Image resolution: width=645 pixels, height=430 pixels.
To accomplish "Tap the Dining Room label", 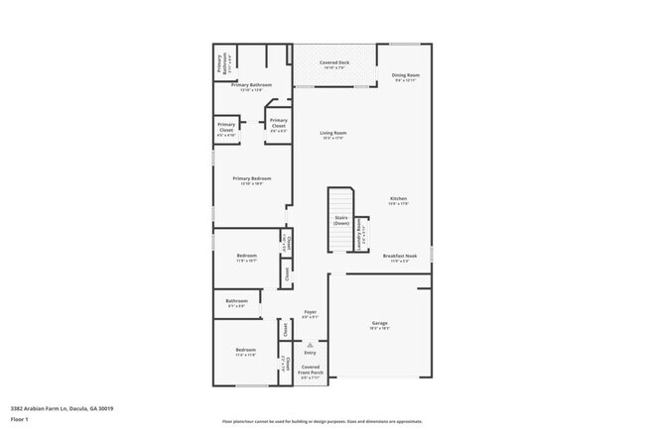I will [x=406, y=76].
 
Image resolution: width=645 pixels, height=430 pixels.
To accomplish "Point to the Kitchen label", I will [x=398, y=200].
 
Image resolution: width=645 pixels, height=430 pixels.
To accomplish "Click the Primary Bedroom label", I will [x=252, y=180].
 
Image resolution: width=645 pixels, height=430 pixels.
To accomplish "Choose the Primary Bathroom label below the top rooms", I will [x=252, y=86].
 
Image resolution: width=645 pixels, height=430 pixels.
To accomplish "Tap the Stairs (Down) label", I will [x=340, y=219].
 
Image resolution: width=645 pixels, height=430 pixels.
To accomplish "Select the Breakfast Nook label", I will [x=400, y=258].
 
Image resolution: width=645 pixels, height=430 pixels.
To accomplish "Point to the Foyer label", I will [x=311, y=314].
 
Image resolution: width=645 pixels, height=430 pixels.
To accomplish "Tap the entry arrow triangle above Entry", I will [x=310, y=344].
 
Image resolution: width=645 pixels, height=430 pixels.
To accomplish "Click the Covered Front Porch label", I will [x=311, y=373].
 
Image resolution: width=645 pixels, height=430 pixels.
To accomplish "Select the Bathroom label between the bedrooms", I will [x=236, y=302].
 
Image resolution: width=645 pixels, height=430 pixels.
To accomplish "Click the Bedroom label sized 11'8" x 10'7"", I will [x=246, y=258].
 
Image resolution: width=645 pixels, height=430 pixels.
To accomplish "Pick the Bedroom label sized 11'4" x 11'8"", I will [x=246, y=352].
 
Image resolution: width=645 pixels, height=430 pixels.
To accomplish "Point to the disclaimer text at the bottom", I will [x=322, y=421].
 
